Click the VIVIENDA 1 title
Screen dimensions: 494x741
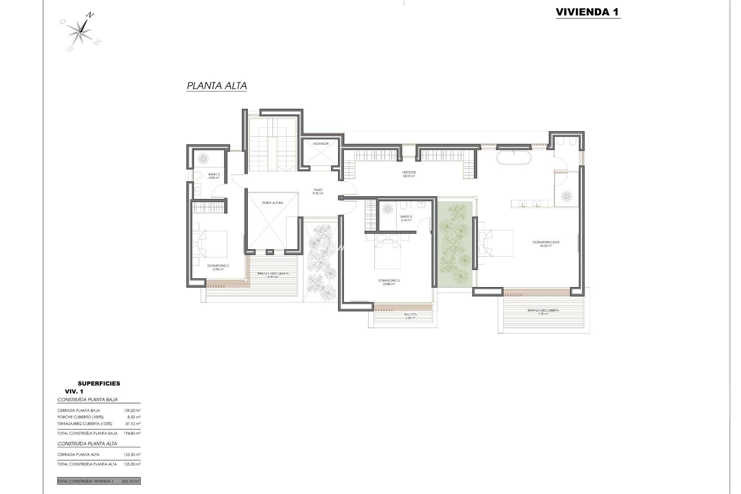click(x=587, y=12)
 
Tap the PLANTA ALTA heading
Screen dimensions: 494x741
click(x=217, y=86)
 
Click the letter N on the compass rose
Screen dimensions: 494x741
click(x=90, y=15)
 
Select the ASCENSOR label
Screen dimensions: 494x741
click(x=321, y=144)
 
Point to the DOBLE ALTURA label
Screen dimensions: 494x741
click(x=272, y=203)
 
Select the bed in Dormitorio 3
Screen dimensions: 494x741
click(x=388, y=253)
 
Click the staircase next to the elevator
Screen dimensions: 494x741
click(x=272, y=145)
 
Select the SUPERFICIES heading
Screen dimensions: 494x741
click(x=99, y=383)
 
